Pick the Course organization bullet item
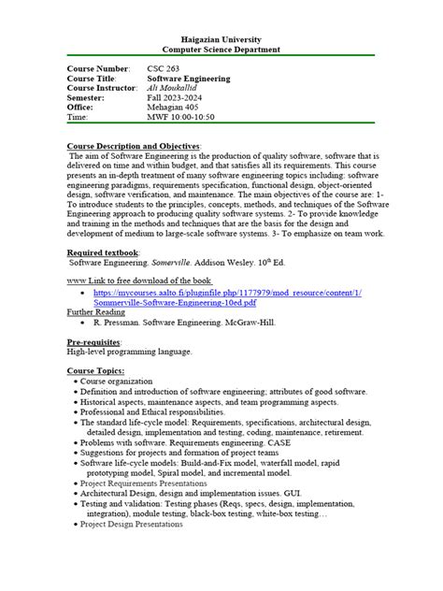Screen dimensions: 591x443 (x=120, y=382)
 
